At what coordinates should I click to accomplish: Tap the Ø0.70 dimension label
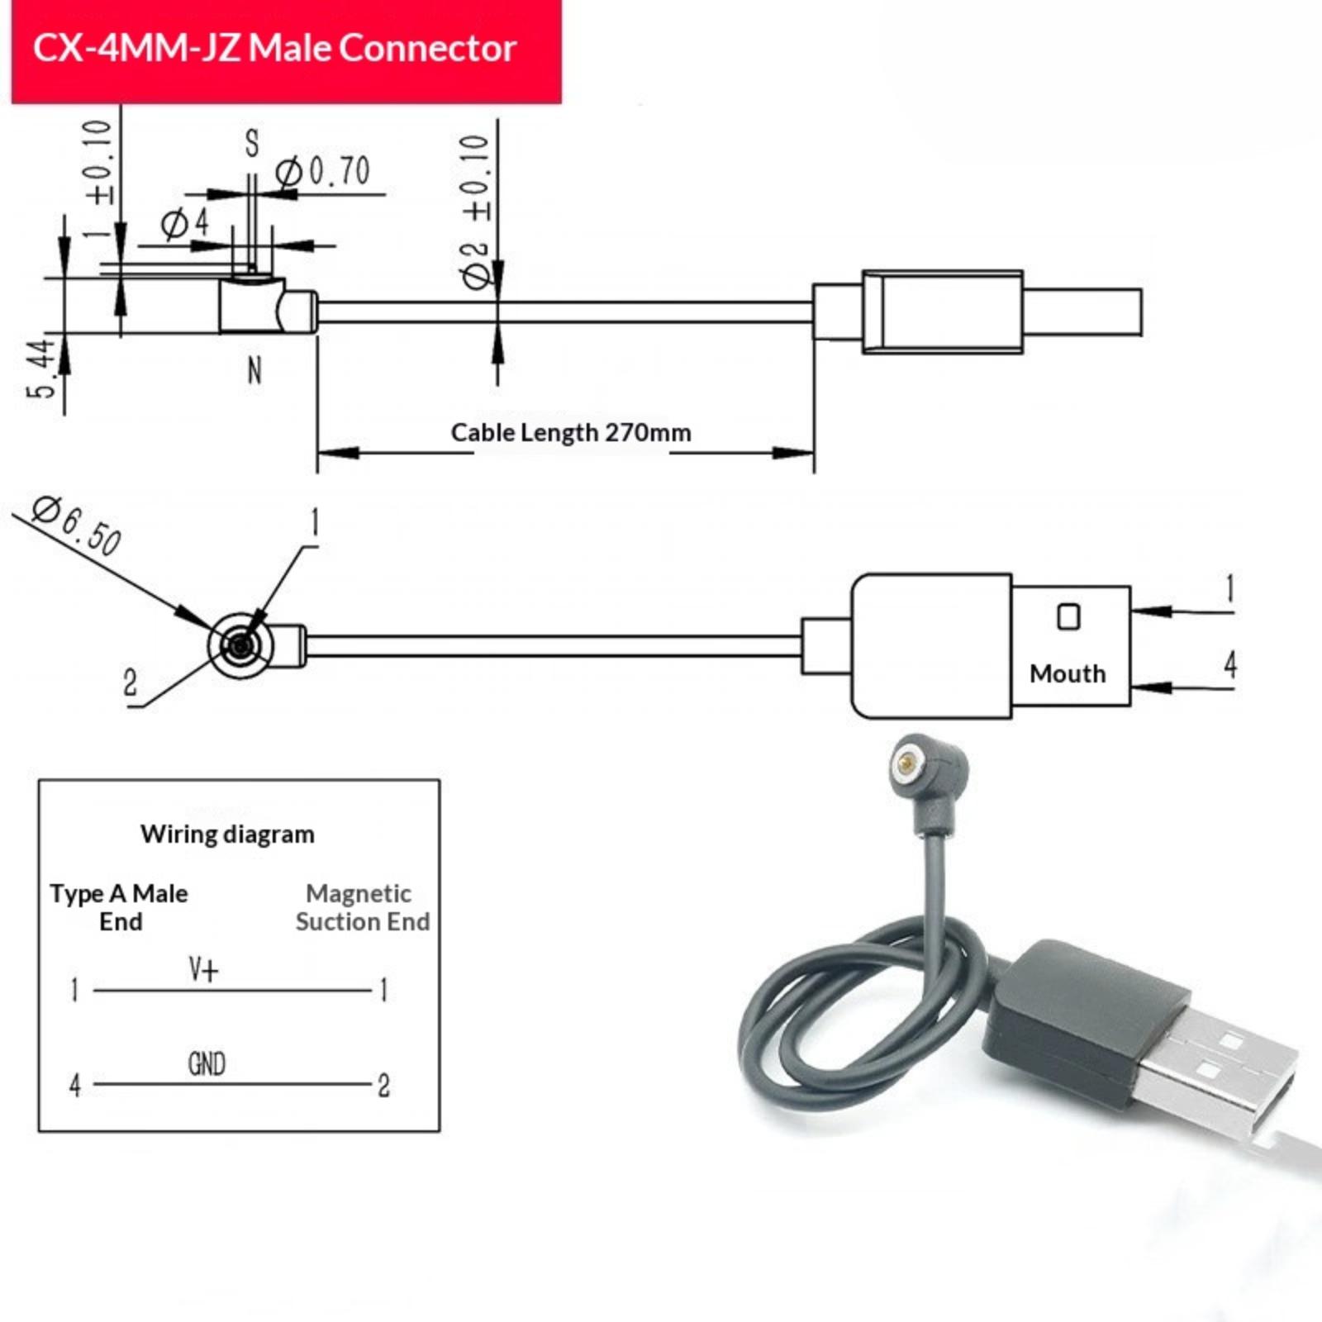[323, 172]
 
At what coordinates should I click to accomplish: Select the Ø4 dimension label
[185, 223]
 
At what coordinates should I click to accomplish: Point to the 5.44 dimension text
[41, 369]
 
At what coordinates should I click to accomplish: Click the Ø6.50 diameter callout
[77, 525]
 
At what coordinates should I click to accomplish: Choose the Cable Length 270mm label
[571, 432]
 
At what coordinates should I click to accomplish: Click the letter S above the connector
[252, 143]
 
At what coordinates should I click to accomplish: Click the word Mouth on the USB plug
[1068, 673]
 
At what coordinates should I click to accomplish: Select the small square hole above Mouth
[1068, 617]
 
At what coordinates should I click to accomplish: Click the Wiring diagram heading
[227, 834]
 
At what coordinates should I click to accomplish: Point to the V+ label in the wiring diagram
[203, 969]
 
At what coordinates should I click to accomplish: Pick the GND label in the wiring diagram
[207, 1063]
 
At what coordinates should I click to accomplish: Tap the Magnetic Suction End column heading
[363, 907]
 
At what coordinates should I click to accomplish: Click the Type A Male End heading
[120, 907]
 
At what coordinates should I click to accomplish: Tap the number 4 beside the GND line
[75, 1085]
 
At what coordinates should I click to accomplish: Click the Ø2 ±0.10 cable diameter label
[477, 212]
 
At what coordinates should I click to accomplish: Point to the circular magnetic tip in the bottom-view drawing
[240, 644]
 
